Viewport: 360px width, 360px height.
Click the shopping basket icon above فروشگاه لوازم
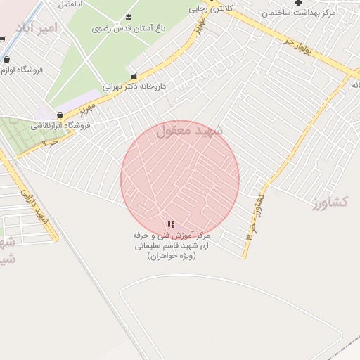(6, 60)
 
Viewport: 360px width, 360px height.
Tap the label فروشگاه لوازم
(22, 71)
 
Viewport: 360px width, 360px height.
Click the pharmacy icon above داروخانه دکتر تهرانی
(134, 76)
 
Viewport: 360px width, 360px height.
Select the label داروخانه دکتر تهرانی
(134, 87)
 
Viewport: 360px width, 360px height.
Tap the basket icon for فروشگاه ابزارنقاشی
(60, 115)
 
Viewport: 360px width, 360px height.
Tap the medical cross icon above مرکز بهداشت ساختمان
(299, 4)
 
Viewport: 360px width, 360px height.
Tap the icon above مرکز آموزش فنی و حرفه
(171, 225)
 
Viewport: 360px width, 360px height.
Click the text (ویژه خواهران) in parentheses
(172, 257)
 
